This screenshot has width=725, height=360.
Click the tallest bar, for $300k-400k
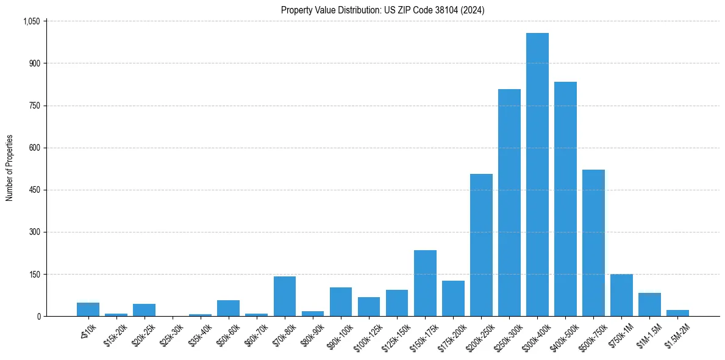(x=537, y=175)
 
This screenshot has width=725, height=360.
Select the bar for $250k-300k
(x=509, y=203)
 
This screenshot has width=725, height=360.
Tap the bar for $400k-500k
(x=565, y=199)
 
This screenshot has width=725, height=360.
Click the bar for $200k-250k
(x=481, y=245)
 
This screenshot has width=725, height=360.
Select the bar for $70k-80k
(x=285, y=297)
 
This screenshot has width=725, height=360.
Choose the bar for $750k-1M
(x=621, y=295)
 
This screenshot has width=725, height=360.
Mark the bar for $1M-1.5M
(x=649, y=304)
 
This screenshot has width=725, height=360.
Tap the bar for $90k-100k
(x=341, y=301)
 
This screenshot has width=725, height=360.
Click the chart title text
(x=382, y=10)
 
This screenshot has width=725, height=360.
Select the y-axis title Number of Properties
(x=10, y=168)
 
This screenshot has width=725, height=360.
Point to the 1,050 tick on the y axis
(x=31, y=21)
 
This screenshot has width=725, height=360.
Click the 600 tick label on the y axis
(x=34, y=148)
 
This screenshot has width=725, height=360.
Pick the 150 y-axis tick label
(x=34, y=274)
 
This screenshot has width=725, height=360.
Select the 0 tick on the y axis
(x=38, y=316)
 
